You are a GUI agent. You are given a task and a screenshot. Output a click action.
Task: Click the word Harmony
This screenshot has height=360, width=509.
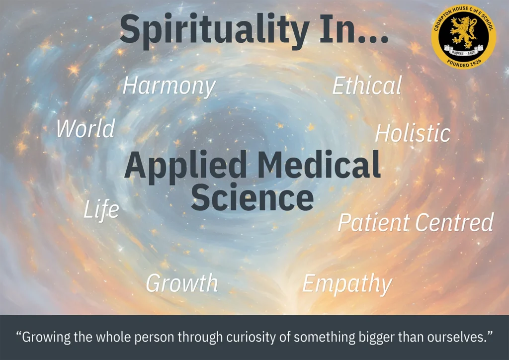coord(169,87)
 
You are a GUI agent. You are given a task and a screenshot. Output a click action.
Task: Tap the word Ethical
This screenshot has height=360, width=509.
coord(367,86)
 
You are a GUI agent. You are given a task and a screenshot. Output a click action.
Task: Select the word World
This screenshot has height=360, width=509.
coord(85,128)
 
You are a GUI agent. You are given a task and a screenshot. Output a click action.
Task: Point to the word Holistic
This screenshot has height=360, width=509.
coord(413,133)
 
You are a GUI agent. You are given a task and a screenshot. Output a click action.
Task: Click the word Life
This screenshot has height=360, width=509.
coord(101,209)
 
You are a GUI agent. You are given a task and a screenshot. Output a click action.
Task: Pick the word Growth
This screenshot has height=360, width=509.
coord(182,282)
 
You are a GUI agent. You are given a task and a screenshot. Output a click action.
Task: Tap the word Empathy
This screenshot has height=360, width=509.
coord(347,284)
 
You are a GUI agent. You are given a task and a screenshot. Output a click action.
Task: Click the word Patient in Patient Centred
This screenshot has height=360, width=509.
coord(374,222)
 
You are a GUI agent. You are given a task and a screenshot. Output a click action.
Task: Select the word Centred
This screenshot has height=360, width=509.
coord(454,222)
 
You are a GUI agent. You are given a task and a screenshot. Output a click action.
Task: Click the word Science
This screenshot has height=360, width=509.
coord(252,197)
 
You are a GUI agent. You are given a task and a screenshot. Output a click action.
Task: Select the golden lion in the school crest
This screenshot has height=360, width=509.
coord(464,32)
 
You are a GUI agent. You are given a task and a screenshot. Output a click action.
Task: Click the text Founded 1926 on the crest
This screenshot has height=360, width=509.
coord(464,63)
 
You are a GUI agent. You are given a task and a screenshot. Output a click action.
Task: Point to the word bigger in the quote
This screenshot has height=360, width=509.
coord(376,337)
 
